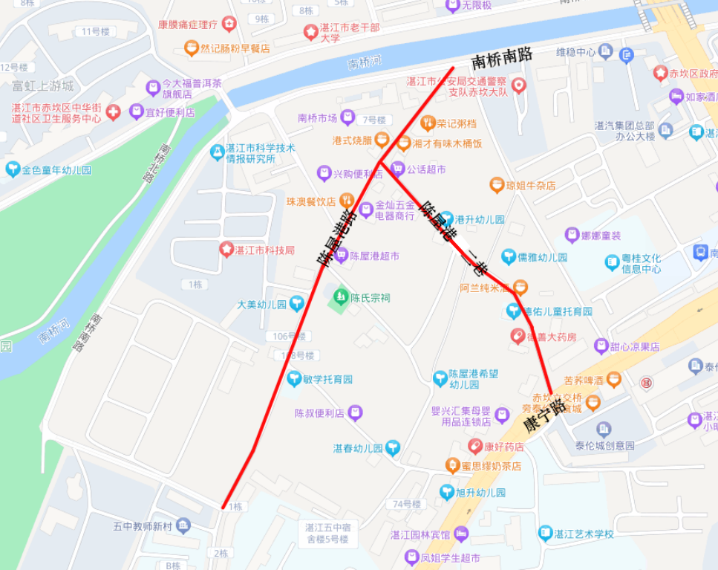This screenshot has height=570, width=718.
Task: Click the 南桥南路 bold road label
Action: coord(502,59)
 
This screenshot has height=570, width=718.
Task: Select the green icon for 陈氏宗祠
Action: coord(341,297)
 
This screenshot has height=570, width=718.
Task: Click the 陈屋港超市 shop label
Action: coord(375,256)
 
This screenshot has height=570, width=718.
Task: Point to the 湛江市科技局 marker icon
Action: coord(226,250)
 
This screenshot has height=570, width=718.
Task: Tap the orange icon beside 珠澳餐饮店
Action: coord(346,201)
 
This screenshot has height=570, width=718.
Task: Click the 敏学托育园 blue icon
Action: coord(294,379)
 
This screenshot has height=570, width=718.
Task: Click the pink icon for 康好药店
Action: coord(475,447)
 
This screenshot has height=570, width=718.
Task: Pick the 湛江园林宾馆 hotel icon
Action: coord(461,534)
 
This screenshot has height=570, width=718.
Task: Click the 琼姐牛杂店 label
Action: coord(531,186)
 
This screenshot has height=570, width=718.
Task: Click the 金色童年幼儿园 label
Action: coord(56,169)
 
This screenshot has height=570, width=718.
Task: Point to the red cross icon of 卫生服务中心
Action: coord(113,112)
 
